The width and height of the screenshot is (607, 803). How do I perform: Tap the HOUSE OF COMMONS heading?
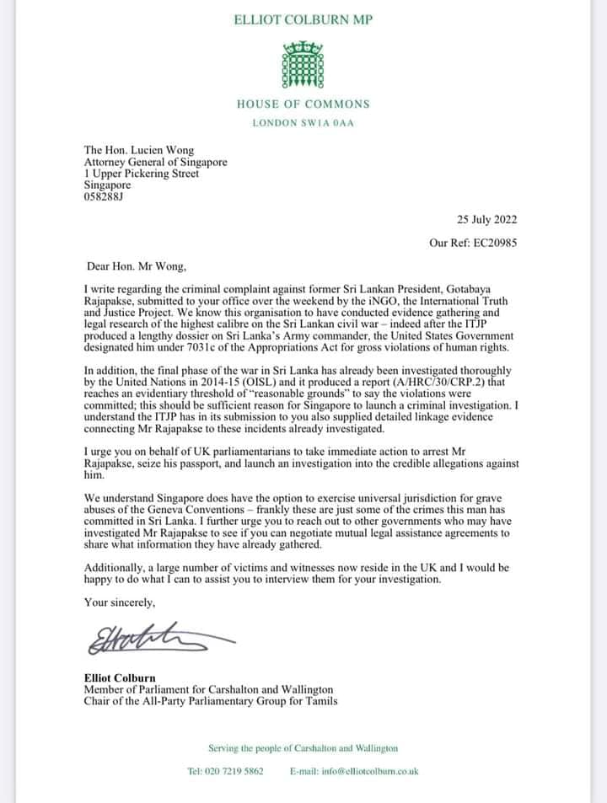point(303,104)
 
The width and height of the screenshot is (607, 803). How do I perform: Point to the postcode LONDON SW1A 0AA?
point(303,123)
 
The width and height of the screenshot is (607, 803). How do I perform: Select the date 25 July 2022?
point(486,220)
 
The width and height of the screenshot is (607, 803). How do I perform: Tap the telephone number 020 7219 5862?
point(235,770)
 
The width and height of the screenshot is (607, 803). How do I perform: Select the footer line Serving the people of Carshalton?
point(303,747)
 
